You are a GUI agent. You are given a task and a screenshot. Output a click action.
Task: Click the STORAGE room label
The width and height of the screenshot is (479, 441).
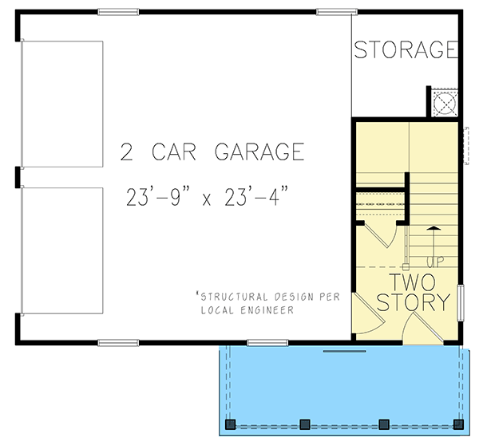(x=406, y=50)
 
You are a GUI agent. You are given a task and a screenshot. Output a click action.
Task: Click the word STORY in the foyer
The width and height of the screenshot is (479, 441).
(x=413, y=304)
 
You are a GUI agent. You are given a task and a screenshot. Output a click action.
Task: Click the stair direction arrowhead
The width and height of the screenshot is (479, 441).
(x=432, y=229)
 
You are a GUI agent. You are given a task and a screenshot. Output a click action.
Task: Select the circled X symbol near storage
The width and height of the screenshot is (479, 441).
(x=444, y=103)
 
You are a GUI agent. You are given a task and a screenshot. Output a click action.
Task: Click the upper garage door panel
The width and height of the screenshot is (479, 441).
(x=62, y=104)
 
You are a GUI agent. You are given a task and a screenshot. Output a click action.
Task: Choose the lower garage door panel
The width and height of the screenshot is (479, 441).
(x=62, y=250)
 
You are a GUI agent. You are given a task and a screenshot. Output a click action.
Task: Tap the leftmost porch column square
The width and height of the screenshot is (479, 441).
(x=232, y=423)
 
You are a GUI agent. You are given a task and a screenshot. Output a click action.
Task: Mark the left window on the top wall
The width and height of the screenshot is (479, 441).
(x=119, y=11)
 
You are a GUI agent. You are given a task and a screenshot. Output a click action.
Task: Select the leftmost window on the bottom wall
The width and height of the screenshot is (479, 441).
(x=119, y=343)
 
